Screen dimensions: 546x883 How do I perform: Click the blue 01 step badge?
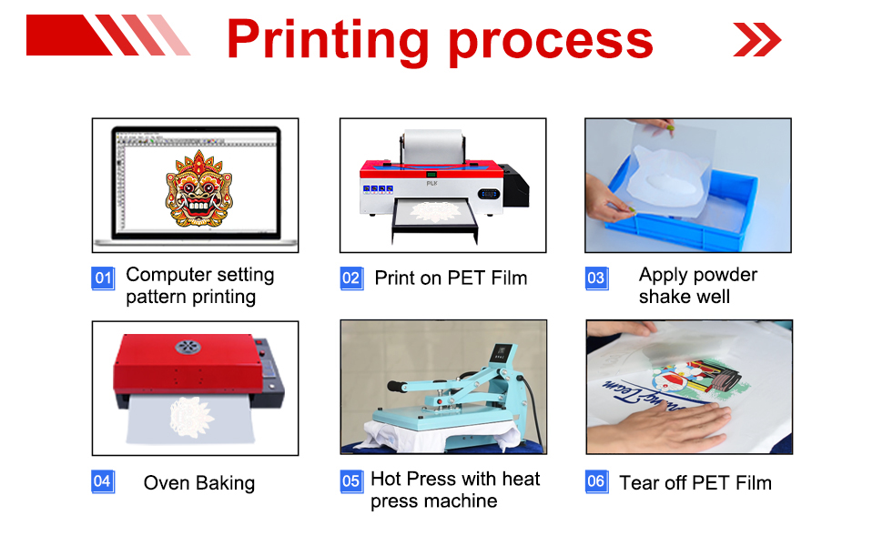click(103, 278)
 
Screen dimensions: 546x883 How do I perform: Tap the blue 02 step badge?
click(351, 278)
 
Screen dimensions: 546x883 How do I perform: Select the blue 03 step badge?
click(595, 278)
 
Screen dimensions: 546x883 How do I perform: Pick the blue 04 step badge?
click(103, 481)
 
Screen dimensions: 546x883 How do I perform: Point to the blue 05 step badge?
click(351, 481)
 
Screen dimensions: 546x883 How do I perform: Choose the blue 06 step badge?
click(596, 481)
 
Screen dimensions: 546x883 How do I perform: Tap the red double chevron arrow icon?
click(756, 39)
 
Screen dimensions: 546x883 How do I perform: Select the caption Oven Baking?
click(198, 483)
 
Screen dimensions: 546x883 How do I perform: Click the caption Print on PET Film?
click(451, 278)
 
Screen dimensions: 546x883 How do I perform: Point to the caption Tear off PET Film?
click(695, 483)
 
